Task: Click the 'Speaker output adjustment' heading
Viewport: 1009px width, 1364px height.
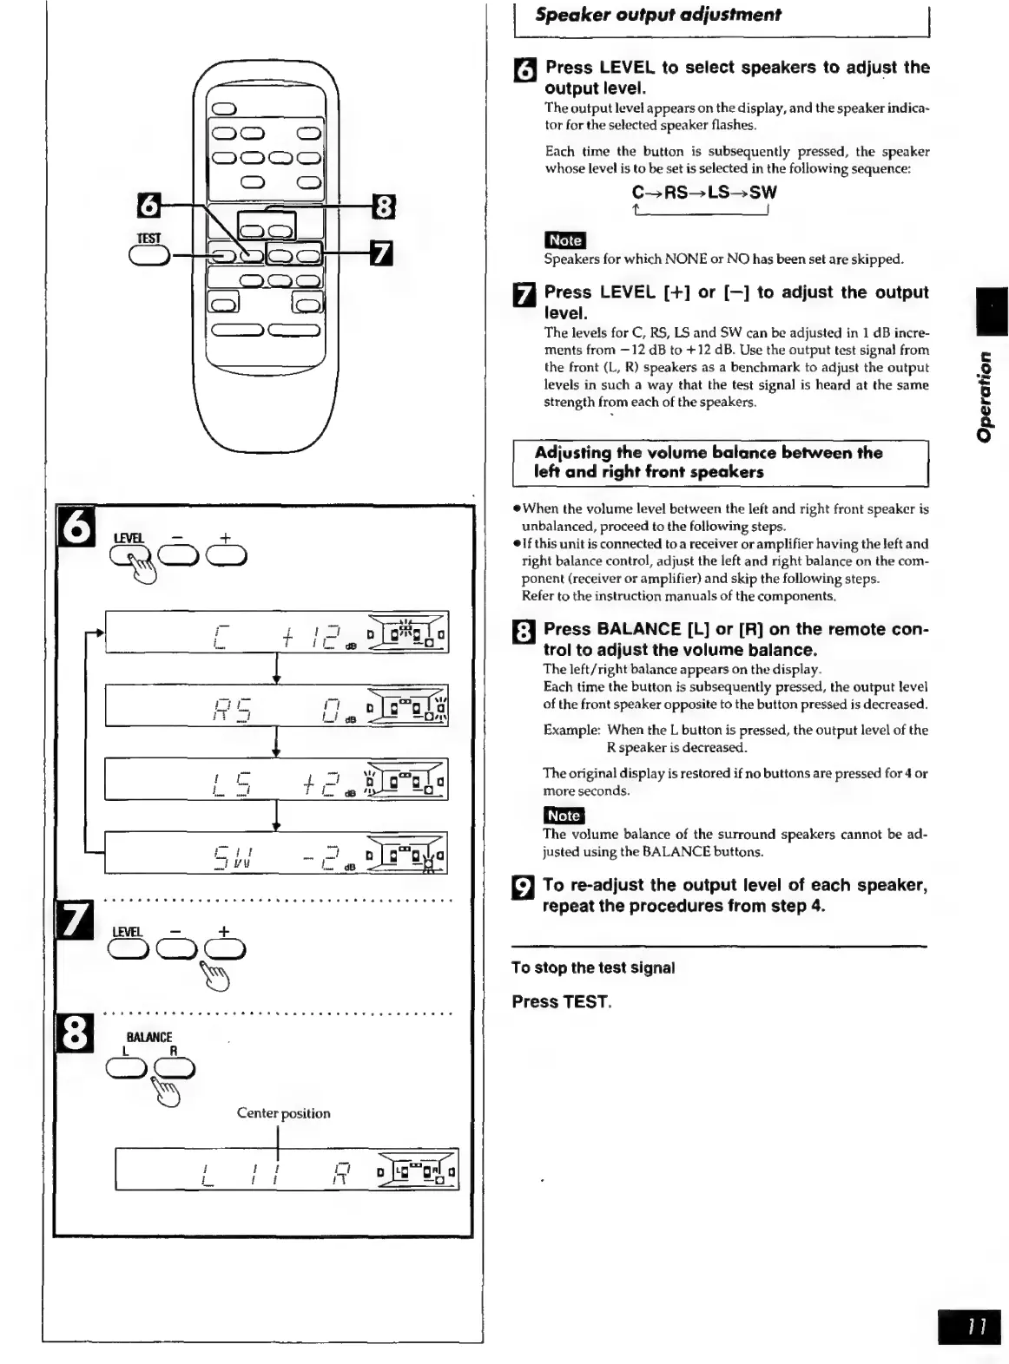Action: point(657,15)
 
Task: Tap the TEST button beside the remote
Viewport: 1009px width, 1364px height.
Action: point(149,255)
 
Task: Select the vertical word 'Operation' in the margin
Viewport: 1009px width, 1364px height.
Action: point(984,396)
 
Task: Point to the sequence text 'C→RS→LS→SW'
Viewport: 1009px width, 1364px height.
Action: point(704,193)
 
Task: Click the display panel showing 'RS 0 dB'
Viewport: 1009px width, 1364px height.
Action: point(276,705)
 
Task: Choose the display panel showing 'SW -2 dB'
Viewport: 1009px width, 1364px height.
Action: point(276,853)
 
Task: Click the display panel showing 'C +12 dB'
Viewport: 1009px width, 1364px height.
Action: point(276,633)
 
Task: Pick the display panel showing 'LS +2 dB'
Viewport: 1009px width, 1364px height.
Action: point(276,779)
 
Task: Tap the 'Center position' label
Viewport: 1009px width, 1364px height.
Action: point(283,1113)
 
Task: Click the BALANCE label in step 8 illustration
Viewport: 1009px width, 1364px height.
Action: point(149,1037)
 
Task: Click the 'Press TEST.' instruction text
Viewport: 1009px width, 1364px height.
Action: point(562,1002)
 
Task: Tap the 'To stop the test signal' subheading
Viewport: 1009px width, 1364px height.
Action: point(593,968)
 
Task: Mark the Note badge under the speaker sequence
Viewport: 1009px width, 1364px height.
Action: point(564,240)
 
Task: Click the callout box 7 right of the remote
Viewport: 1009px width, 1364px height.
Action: point(381,253)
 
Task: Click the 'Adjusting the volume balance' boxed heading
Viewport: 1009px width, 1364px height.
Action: point(708,462)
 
